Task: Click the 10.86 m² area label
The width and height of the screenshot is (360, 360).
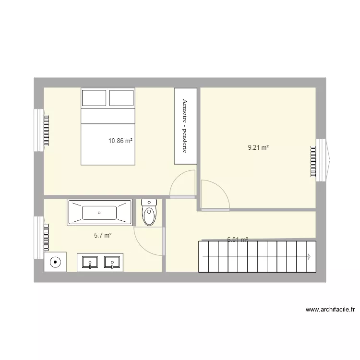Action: [120, 141]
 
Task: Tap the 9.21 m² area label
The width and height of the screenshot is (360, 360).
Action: [258, 148]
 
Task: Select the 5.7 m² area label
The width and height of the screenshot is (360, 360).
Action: [103, 236]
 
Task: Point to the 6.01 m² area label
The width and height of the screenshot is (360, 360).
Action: [237, 239]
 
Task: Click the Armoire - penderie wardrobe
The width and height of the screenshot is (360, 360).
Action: [185, 126]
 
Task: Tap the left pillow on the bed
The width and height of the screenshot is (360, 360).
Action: [94, 98]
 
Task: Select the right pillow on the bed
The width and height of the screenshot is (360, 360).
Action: [122, 98]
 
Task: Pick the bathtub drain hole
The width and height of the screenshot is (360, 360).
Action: [99, 213]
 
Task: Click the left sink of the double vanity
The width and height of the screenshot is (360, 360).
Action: [90, 263]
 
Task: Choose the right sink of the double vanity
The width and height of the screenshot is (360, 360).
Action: [112, 263]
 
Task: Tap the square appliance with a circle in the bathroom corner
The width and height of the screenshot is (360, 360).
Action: [56, 262]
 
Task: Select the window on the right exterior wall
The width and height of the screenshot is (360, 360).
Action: [322, 160]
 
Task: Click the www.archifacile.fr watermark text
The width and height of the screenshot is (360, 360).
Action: [330, 310]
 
